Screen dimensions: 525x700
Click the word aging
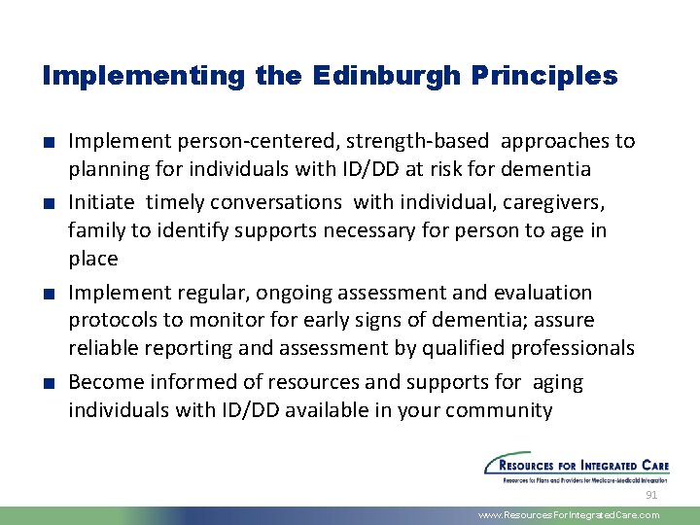pyautogui.click(x=558, y=382)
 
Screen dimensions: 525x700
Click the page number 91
pyautogui.click(x=651, y=495)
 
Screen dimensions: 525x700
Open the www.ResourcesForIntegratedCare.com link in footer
pyautogui.click(x=569, y=515)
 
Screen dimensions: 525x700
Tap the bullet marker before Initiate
pyautogui.click(x=49, y=202)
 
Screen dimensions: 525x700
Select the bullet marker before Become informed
pyautogui.click(x=49, y=383)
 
